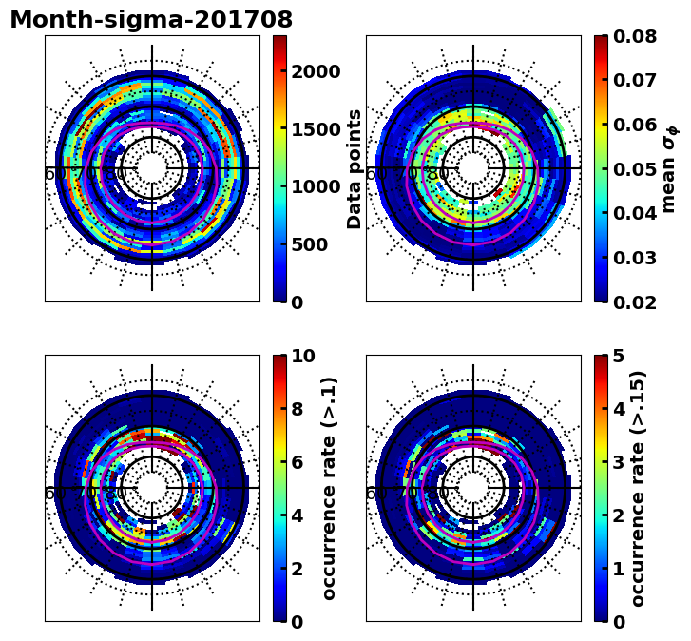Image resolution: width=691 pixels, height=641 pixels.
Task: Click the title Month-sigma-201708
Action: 151,20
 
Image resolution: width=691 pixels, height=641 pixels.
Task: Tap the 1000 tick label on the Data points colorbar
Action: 315,187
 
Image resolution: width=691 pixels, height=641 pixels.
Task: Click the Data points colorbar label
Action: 355,169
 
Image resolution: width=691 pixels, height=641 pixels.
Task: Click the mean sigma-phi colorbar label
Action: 669,169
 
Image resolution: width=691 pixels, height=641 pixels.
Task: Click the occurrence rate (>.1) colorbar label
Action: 329,489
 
